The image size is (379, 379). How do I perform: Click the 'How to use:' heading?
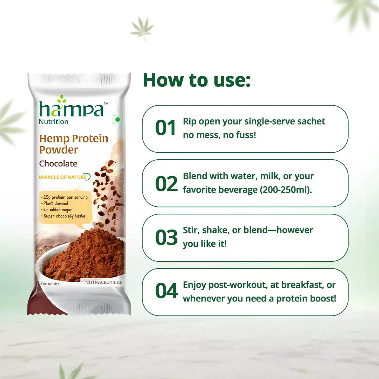click(197, 80)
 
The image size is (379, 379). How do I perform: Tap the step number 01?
click(166, 128)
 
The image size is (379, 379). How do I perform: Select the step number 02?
click(166, 183)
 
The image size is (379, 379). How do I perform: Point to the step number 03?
click(166, 238)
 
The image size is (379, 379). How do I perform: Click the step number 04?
click(166, 292)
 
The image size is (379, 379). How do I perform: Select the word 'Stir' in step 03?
click(191, 230)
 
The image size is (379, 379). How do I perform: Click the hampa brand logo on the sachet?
click(72, 107)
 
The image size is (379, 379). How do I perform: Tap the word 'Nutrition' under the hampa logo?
click(54, 122)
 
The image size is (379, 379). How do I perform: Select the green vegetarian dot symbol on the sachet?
click(117, 120)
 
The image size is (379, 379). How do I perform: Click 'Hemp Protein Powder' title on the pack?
click(73, 144)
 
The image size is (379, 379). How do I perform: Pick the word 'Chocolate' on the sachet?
click(58, 164)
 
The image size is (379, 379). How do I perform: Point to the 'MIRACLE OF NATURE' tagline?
click(62, 177)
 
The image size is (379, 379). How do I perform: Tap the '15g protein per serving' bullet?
click(66, 198)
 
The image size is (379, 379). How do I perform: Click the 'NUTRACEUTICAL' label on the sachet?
click(104, 282)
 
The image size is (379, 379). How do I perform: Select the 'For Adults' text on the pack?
click(50, 284)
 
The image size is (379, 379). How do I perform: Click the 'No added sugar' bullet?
click(58, 210)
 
